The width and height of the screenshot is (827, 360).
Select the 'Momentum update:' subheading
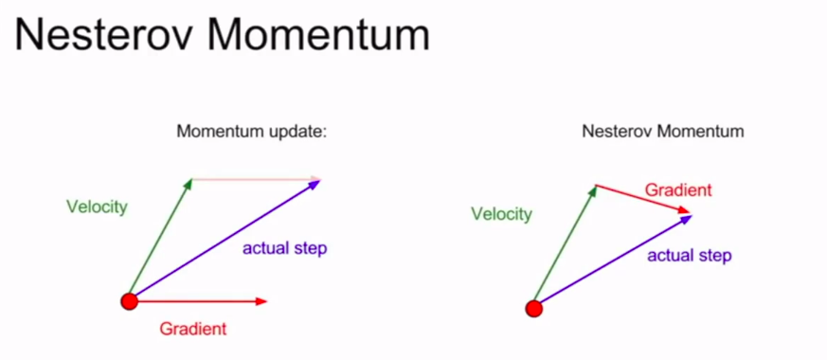[x=252, y=131]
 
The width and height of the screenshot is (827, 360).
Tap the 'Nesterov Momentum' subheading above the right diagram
[x=663, y=131]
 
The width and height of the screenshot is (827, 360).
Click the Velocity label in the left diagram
[x=97, y=207]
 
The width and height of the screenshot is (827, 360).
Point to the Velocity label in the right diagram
[x=501, y=214]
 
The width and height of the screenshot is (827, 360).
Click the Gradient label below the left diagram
[x=193, y=329]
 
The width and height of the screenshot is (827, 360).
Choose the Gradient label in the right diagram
[x=678, y=189]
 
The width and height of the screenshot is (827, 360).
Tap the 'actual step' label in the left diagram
[x=285, y=248]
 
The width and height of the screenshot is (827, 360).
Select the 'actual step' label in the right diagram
[x=690, y=256]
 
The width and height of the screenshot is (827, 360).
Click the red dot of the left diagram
[x=129, y=301]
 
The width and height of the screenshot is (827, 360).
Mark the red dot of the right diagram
[x=534, y=308]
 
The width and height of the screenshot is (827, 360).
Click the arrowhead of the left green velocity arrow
[x=189, y=184]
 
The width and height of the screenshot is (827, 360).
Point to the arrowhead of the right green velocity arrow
[x=594, y=190]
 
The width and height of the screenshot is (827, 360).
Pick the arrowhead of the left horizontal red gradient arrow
[x=262, y=301]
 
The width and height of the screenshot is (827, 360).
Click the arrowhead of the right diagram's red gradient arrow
[x=685, y=210]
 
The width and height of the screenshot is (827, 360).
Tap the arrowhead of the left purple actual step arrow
[x=315, y=184]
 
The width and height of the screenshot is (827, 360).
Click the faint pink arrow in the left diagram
[x=257, y=179]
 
